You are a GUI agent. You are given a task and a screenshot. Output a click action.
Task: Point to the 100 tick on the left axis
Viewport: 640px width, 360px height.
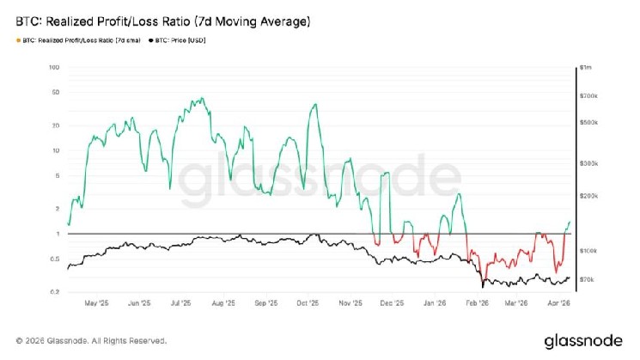tap(53, 67)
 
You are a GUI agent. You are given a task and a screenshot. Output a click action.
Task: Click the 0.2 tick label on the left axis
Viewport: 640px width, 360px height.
tap(53, 292)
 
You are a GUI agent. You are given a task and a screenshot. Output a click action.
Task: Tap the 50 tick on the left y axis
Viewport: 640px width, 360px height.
tap(54, 92)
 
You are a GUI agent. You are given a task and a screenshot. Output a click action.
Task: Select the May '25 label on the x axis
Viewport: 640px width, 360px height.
tap(97, 302)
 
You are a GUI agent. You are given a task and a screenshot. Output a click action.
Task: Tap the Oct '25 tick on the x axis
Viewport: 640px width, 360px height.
tap(308, 302)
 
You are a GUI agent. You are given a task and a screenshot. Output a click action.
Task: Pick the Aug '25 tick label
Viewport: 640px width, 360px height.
tap(223, 302)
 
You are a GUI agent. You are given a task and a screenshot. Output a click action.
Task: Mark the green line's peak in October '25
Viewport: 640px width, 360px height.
tap(316, 105)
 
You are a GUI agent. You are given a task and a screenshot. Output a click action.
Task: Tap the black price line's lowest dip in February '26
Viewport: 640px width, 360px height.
tap(484, 287)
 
